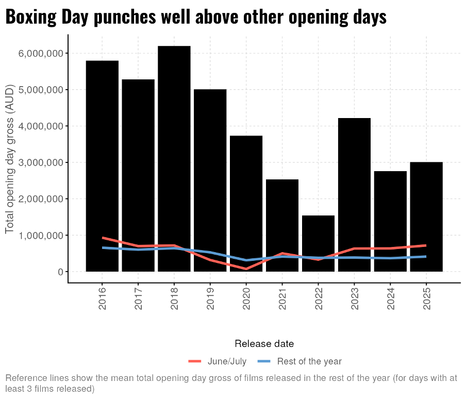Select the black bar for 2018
pos(174,155)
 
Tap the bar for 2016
pos(102,155)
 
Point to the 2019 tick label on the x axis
pos(210,300)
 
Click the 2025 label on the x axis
pos(426,300)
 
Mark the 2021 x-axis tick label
pos(282,300)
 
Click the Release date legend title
pos(264,343)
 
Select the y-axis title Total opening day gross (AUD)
pos(10,160)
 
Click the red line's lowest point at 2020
pos(246,269)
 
